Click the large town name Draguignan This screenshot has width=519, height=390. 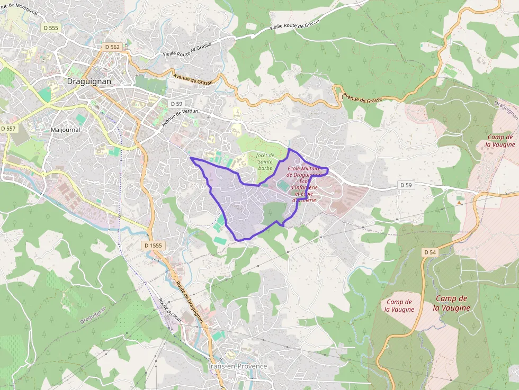[x=89, y=81]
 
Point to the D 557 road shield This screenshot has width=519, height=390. [x=9, y=129]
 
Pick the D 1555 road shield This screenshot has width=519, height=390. [x=153, y=246]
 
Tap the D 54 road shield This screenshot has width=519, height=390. [x=430, y=252]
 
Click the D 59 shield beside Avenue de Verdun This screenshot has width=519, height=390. [x=176, y=104]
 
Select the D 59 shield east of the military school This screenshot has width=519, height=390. [x=406, y=185]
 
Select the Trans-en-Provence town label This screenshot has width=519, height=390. [x=237, y=366]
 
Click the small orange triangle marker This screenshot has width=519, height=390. [x=459, y=202]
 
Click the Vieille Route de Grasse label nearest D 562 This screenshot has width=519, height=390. [x=187, y=50]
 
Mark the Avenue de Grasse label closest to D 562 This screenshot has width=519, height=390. [x=193, y=79]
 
